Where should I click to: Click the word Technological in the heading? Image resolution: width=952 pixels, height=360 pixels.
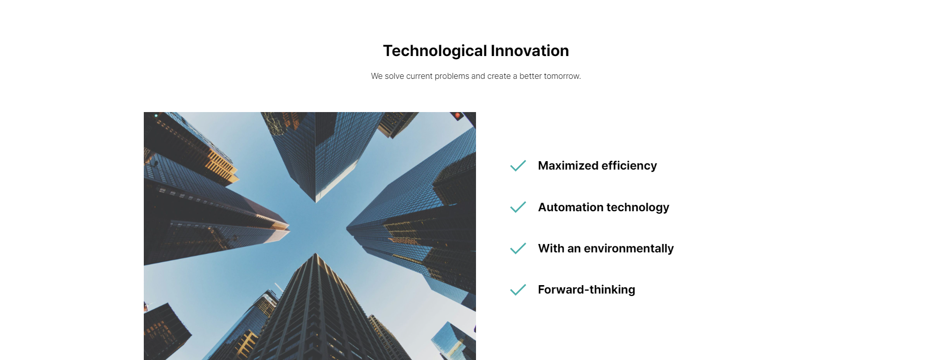(435, 51)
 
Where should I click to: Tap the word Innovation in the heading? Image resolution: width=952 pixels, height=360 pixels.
(530, 51)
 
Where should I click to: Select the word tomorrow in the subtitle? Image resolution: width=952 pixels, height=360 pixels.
(561, 76)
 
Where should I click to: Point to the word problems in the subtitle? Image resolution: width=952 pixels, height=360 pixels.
(452, 76)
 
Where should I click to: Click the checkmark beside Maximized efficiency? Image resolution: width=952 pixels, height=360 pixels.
(518, 166)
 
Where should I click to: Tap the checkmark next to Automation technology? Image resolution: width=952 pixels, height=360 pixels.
(518, 207)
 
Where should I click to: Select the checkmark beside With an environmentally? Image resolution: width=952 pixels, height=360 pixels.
(518, 248)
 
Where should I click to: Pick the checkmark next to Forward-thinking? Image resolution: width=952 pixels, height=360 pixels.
(518, 290)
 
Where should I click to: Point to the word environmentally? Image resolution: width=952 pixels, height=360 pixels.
(629, 248)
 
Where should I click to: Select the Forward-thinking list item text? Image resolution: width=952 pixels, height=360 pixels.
(587, 290)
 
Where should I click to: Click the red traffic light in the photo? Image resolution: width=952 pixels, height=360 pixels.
(457, 116)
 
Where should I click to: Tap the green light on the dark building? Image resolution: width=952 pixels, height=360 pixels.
(156, 116)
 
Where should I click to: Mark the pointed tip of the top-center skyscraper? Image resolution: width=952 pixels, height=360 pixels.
(315, 202)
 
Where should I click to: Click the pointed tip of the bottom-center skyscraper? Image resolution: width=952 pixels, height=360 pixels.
(315, 253)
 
